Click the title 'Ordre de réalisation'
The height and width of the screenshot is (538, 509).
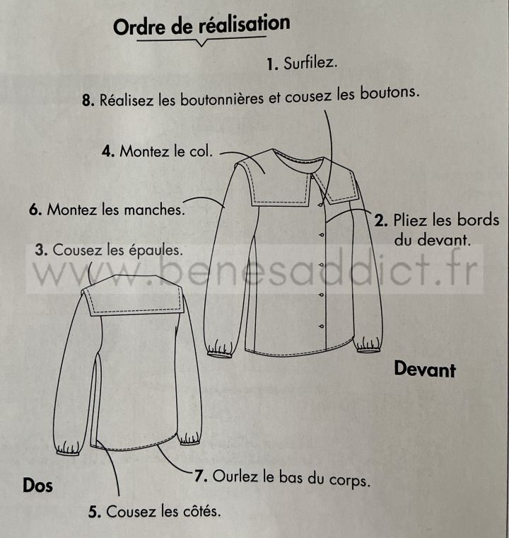pyautogui.click(x=201, y=25)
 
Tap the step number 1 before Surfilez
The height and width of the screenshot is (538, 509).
pyautogui.click(x=272, y=64)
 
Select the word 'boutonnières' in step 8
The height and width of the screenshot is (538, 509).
pyautogui.click(x=222, y=99)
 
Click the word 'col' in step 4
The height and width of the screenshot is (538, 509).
pyautogui.click(x=200, y=151)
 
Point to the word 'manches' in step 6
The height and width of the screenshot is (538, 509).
pyautogui.click(x=154, y=210)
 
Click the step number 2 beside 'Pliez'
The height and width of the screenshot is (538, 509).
pyautogui.click(x=381, y=221)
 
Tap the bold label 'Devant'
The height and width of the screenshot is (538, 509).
pyautogui.click(x=425, y=370)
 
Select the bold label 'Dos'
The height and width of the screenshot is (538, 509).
pyautogui.click(x=37, y=486)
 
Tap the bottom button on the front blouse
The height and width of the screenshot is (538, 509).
pyautogui.click(x=321, y=326)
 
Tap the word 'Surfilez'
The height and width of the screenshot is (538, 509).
pyautogui.click(x=310, y=63)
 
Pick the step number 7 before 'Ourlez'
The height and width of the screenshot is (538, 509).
pyautogui.click(x=201, y=476)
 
